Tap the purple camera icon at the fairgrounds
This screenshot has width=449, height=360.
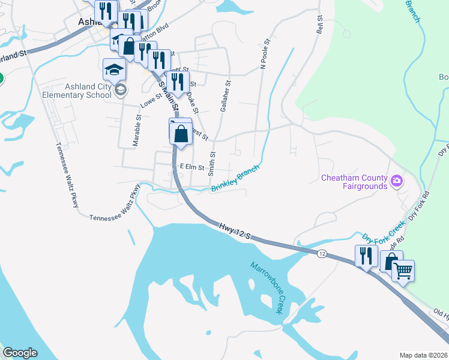(x=396, y=181)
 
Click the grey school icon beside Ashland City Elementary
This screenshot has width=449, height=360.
(x=121, y=90)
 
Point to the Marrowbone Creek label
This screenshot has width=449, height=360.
(x=267, y=288)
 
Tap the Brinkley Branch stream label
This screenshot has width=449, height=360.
(x=235, y=179)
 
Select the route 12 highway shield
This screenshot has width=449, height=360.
(x=322, y=255)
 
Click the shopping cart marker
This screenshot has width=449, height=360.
(x=403, y=271)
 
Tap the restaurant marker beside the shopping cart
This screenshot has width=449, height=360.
(x=366, y=256)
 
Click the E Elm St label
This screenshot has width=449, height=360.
(x=191, y=167)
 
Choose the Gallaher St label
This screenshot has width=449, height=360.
(x=224, y=97)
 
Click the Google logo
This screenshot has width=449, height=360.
(x=20, y=353)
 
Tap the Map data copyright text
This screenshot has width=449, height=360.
(x=423, y=355)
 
